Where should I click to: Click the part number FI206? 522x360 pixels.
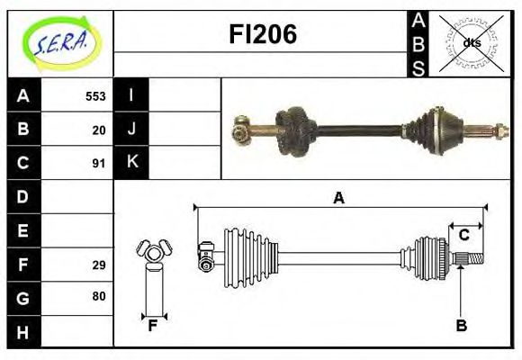tap(261, 34)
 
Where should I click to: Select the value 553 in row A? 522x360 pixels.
tap(95, 96)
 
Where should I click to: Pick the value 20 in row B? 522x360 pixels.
tap(99, 130)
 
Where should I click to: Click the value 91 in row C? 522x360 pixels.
tap(99, 164)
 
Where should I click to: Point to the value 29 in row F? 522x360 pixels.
tap(99, 265)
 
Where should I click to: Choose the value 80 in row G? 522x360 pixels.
tap(99, 296)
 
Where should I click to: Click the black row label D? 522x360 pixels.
tap(23, 197)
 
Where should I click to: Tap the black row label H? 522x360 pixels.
tap(23, 332)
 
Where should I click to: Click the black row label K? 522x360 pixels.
tap(131, 163)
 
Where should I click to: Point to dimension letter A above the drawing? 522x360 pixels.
tap(338, 198)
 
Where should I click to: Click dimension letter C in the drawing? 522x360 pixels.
tap(464, 235)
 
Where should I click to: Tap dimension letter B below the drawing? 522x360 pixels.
tap(461, 326)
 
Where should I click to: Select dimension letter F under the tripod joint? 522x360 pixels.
tap(153, 326)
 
